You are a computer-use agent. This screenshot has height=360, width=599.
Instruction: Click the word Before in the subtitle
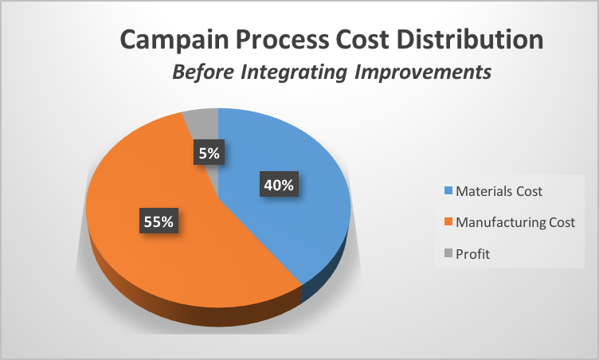tap(201, 72)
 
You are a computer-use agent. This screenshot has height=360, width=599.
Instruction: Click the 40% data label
tap(280, 185)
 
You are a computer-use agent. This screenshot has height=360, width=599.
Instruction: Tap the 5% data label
tap(209, 152)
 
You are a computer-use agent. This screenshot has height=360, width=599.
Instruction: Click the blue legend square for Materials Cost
tap(446, 191)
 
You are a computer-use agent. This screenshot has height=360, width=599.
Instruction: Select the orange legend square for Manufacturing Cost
tap(446, 222)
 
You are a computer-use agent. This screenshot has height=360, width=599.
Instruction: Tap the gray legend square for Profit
tap(446, 254)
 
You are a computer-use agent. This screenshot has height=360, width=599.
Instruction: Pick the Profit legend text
tap(474, 254)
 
